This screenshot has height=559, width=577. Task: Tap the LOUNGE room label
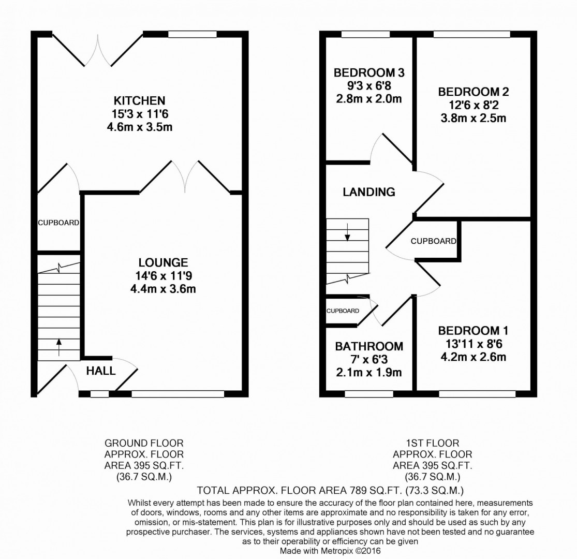click(x=163, y=262)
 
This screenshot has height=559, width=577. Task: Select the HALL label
click(x=101, y=371)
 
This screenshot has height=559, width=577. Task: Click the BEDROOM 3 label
click(x=368, y=72)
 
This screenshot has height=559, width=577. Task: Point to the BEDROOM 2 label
click(x=473, y=92)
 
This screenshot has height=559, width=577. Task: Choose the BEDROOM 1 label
click(x=473, y=330)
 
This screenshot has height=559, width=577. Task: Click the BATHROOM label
click(x=368, y=346)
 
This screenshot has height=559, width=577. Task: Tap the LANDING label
click(x=369, y=192)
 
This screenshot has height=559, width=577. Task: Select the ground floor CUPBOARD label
click(x=58, y=223)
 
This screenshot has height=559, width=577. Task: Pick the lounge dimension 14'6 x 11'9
click(x=163, y=276)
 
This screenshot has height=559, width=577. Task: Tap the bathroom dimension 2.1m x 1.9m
click(x=368, y=373)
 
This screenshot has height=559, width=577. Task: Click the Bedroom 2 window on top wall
click(x=471, y=35)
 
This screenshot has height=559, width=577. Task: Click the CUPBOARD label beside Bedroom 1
click(x=434, y=241)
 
